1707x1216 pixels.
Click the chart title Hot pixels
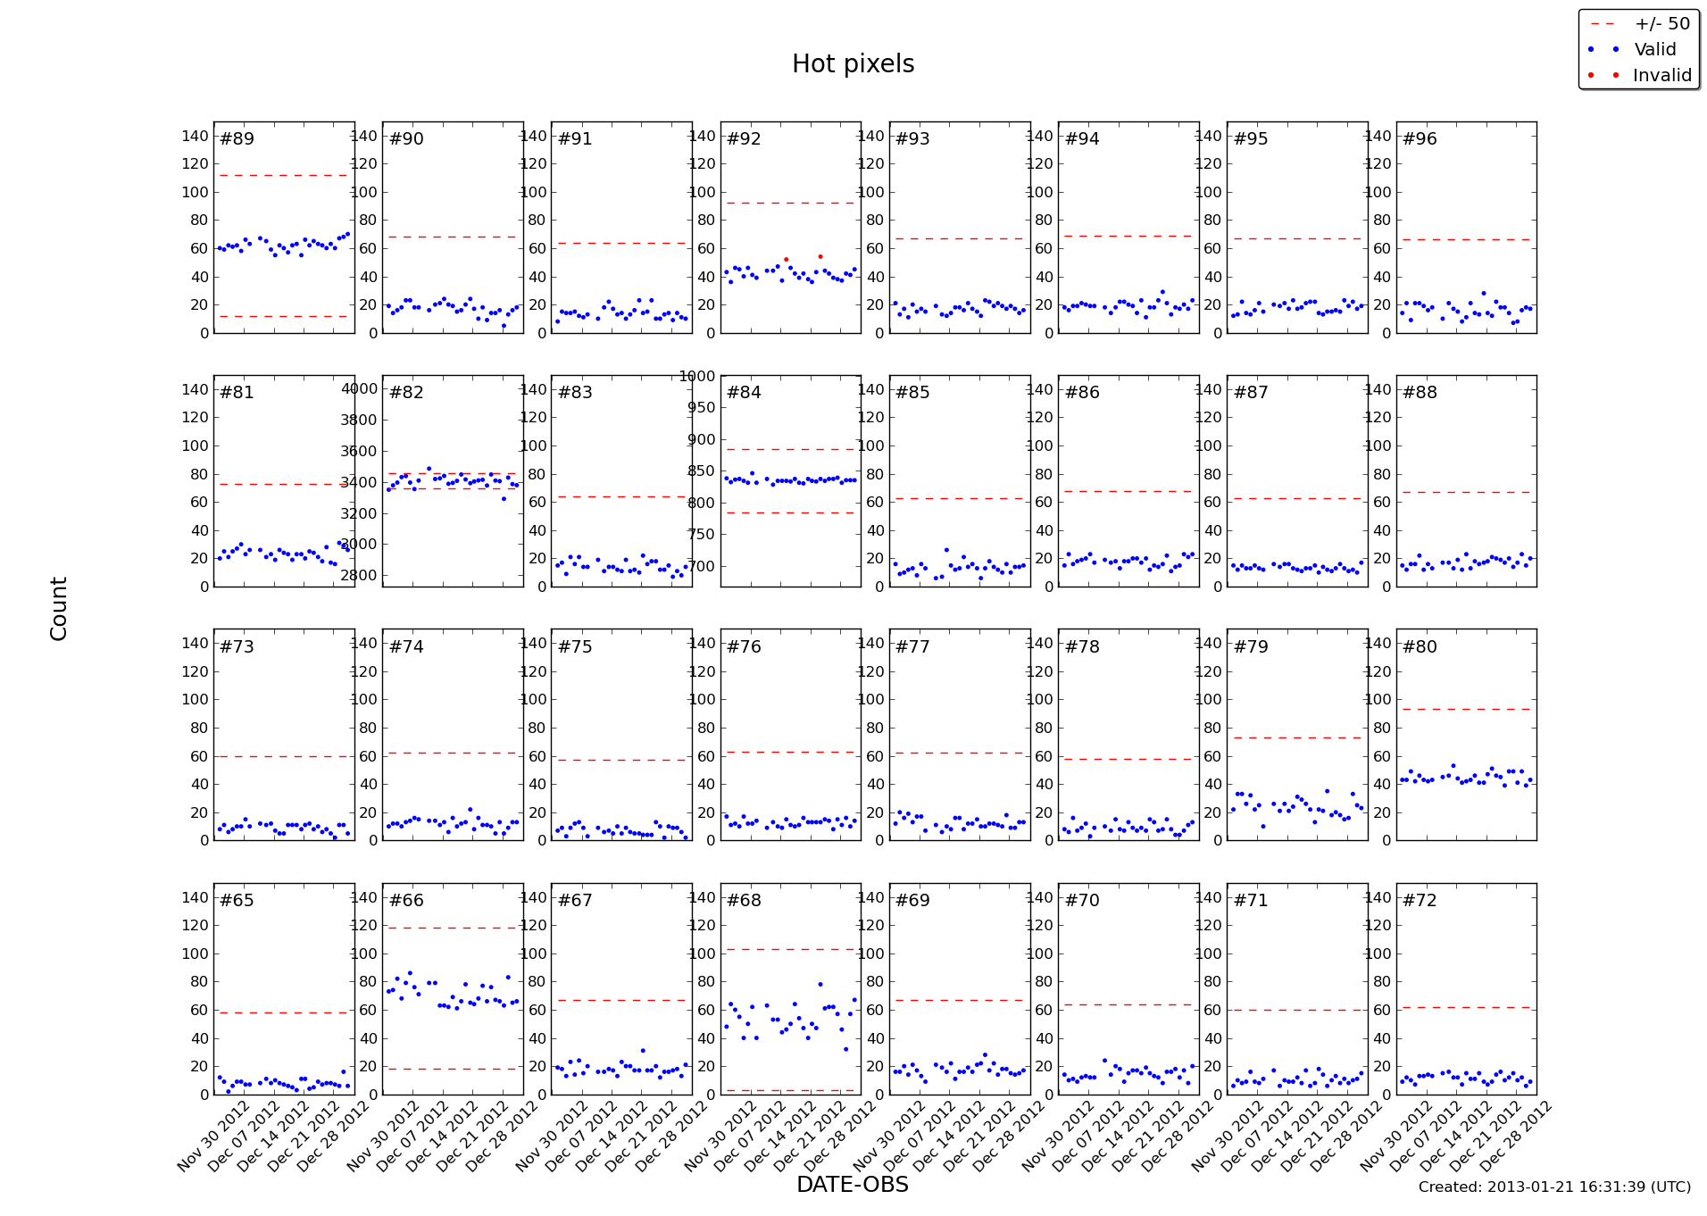click(x=853, y=64)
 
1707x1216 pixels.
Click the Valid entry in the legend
click(x=1654, y=50)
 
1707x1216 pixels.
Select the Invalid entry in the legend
click(x=1661, y=76)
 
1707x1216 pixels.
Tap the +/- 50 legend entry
click(x=1661, y=24)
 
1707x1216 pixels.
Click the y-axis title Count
click(x=59, y=608)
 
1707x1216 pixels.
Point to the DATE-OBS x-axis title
click(x=852, y=1185)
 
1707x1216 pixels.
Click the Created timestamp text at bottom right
click(x=1553, y=1187)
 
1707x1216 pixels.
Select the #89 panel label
click(x=237, y=139)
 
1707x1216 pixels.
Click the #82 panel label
click(x=406, y=393)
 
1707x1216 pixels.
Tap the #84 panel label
click(x=744, y=393)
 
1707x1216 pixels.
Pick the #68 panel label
click(x=744, y=901)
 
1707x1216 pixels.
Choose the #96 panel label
click(x=1420, y=139)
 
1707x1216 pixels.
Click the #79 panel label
click(x=1251, y=647)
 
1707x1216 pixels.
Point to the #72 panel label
click(x=1420, y=901)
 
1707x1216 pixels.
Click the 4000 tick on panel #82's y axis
click(x=360, y=388)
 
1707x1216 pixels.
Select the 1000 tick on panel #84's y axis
click(x=697, y=376)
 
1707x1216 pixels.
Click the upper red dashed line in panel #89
click(x=283, y=175)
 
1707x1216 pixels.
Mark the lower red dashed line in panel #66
click(x=452, y=1069)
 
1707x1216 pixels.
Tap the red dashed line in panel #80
click(x=1465, y=709)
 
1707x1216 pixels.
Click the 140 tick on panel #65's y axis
click(x=195, y=897)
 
